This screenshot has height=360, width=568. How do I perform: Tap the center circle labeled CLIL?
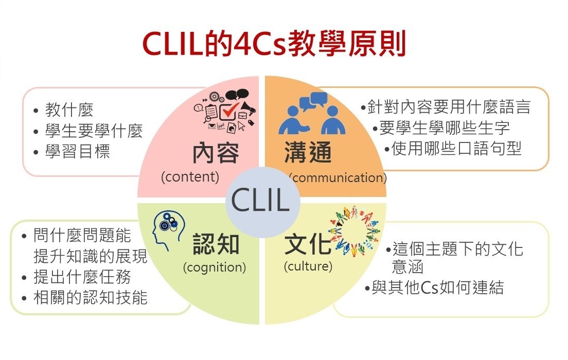(260, 201)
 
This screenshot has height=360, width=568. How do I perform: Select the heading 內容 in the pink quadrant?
(216, 153)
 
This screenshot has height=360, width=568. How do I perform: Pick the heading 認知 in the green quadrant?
(216, 244)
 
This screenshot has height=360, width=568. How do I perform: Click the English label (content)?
(190, 177)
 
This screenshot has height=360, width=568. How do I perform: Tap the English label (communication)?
(338, 178)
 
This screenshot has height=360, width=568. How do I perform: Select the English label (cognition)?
(214, 267)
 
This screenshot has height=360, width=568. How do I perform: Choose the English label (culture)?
(308, 266)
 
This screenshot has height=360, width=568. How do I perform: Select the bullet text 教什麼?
(69, 110)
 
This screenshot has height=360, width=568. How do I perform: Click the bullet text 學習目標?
(78, 152)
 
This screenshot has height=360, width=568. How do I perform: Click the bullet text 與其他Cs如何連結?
(437, 287)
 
